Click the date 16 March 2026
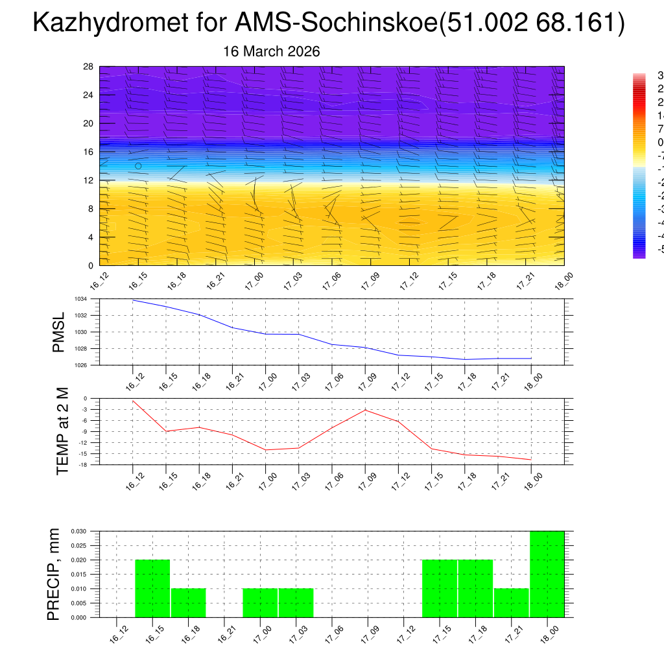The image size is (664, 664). pos(271,51)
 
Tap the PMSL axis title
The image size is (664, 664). pos(59,332)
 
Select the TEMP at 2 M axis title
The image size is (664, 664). pos(62,431)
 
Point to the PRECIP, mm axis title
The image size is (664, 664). pos(54,574)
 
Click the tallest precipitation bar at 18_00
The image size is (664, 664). pos(547,574)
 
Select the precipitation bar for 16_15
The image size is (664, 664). pos(152,588)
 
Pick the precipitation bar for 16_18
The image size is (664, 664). pos(189,602)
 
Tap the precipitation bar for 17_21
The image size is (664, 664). pos(511,602)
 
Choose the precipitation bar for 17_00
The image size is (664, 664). pos(260,602)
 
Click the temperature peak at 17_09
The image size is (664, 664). pos(365,410)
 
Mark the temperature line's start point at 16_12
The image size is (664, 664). pos(133,401)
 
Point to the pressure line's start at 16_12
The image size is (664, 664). pos(133,300)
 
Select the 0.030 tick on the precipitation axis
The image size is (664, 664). pos(79,531)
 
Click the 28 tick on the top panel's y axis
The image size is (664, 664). pos(89,67)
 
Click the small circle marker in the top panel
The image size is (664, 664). pos(138,166)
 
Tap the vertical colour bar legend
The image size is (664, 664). pos(639,165)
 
